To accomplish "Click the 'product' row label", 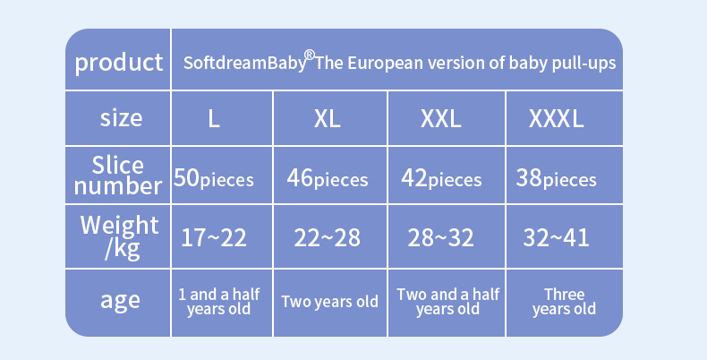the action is (x=119, y=63).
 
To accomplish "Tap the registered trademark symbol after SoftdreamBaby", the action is (x=310, y=55).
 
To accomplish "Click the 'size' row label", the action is (x=121, y=117).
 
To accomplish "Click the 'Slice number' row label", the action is (x=118, y=176).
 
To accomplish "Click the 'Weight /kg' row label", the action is (x=120, y=236).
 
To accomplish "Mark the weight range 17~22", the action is (x=214, y=237).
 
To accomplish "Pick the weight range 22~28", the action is (x=327, y=237).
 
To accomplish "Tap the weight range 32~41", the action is (x=556, y=237).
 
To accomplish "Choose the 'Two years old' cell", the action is (x=329, y=302).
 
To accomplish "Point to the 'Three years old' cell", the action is (x=564, y=302).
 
